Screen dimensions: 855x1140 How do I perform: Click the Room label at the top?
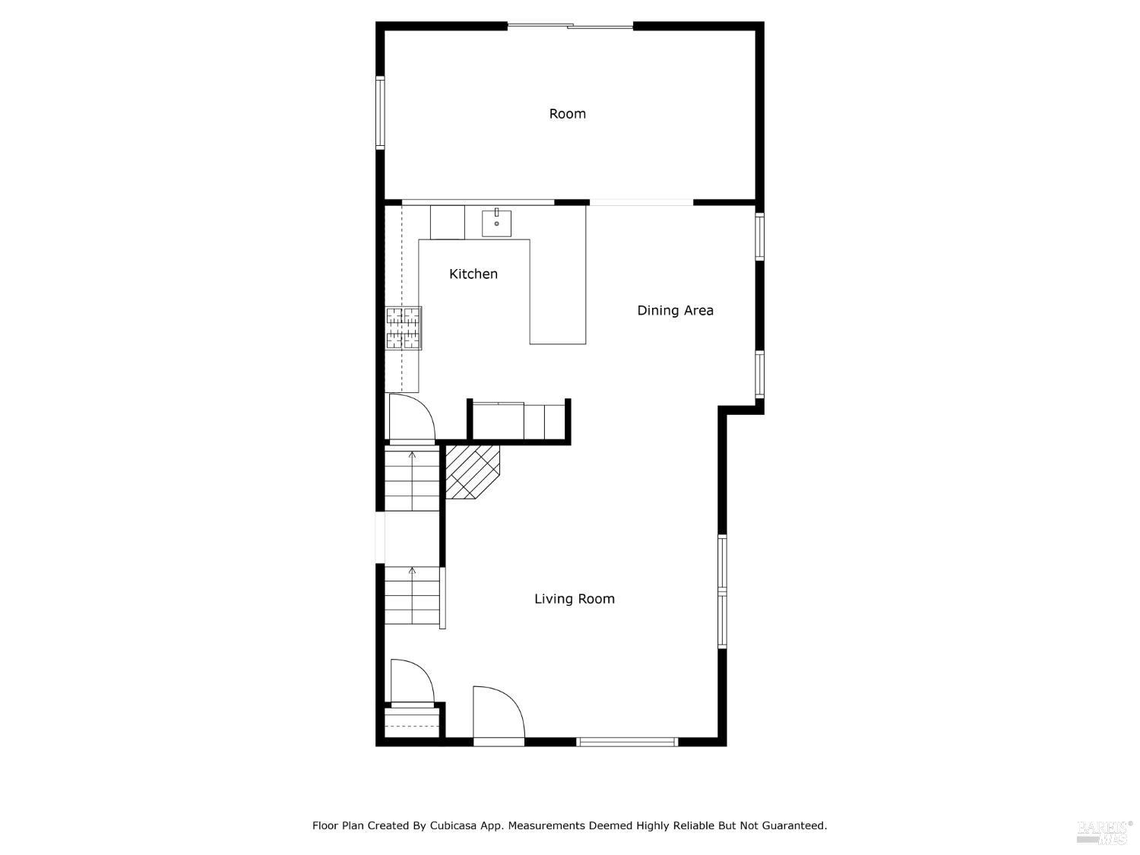(567, 114)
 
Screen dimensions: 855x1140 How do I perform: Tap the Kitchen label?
(473, 274)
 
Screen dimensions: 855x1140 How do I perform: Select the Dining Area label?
(675, 310)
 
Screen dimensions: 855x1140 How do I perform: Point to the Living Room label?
(574, 599)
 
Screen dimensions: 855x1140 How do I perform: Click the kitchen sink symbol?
(496, 223)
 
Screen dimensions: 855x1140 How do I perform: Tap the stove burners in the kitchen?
(403, 328)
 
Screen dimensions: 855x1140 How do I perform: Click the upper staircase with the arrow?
(412, 480)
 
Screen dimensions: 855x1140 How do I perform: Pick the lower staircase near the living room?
(412, 595)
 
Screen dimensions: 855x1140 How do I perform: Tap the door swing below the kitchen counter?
(410, 418)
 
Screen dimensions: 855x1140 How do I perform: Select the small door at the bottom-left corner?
(411, 682)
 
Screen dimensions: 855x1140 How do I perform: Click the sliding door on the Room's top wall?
(570, 27)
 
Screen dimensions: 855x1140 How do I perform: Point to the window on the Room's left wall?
(380, 112)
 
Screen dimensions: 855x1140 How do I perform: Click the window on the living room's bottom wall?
(627, 742)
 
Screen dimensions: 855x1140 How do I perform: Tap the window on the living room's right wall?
(722, 591)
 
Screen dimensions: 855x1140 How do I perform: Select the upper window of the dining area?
(758, 237)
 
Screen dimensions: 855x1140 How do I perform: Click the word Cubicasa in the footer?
(454, 825)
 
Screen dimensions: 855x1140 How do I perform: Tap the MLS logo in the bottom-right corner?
(1104, 831)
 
